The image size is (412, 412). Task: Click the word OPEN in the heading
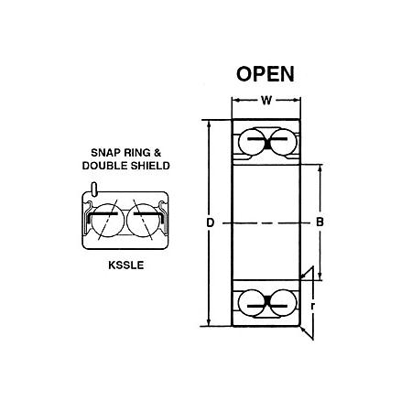266,74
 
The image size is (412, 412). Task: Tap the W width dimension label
266,100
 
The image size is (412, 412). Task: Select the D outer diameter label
210,222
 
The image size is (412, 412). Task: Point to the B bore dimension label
320,222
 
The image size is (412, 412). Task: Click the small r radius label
312,306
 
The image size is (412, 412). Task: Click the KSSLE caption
126,266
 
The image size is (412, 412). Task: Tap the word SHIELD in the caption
150,166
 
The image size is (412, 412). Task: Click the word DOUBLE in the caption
105,166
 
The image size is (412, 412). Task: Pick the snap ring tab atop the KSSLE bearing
94,190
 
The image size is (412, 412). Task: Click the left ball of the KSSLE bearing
107,221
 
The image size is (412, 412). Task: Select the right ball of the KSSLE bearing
144,221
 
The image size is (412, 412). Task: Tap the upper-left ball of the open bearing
252,142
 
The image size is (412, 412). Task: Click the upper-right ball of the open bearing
283,142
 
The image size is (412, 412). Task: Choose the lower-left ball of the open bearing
252,303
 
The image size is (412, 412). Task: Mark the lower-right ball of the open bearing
283,303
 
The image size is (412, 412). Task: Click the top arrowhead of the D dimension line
209,123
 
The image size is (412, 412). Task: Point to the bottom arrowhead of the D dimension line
209,322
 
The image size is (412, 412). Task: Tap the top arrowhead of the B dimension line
320,168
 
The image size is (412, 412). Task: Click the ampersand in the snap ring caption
157,152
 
